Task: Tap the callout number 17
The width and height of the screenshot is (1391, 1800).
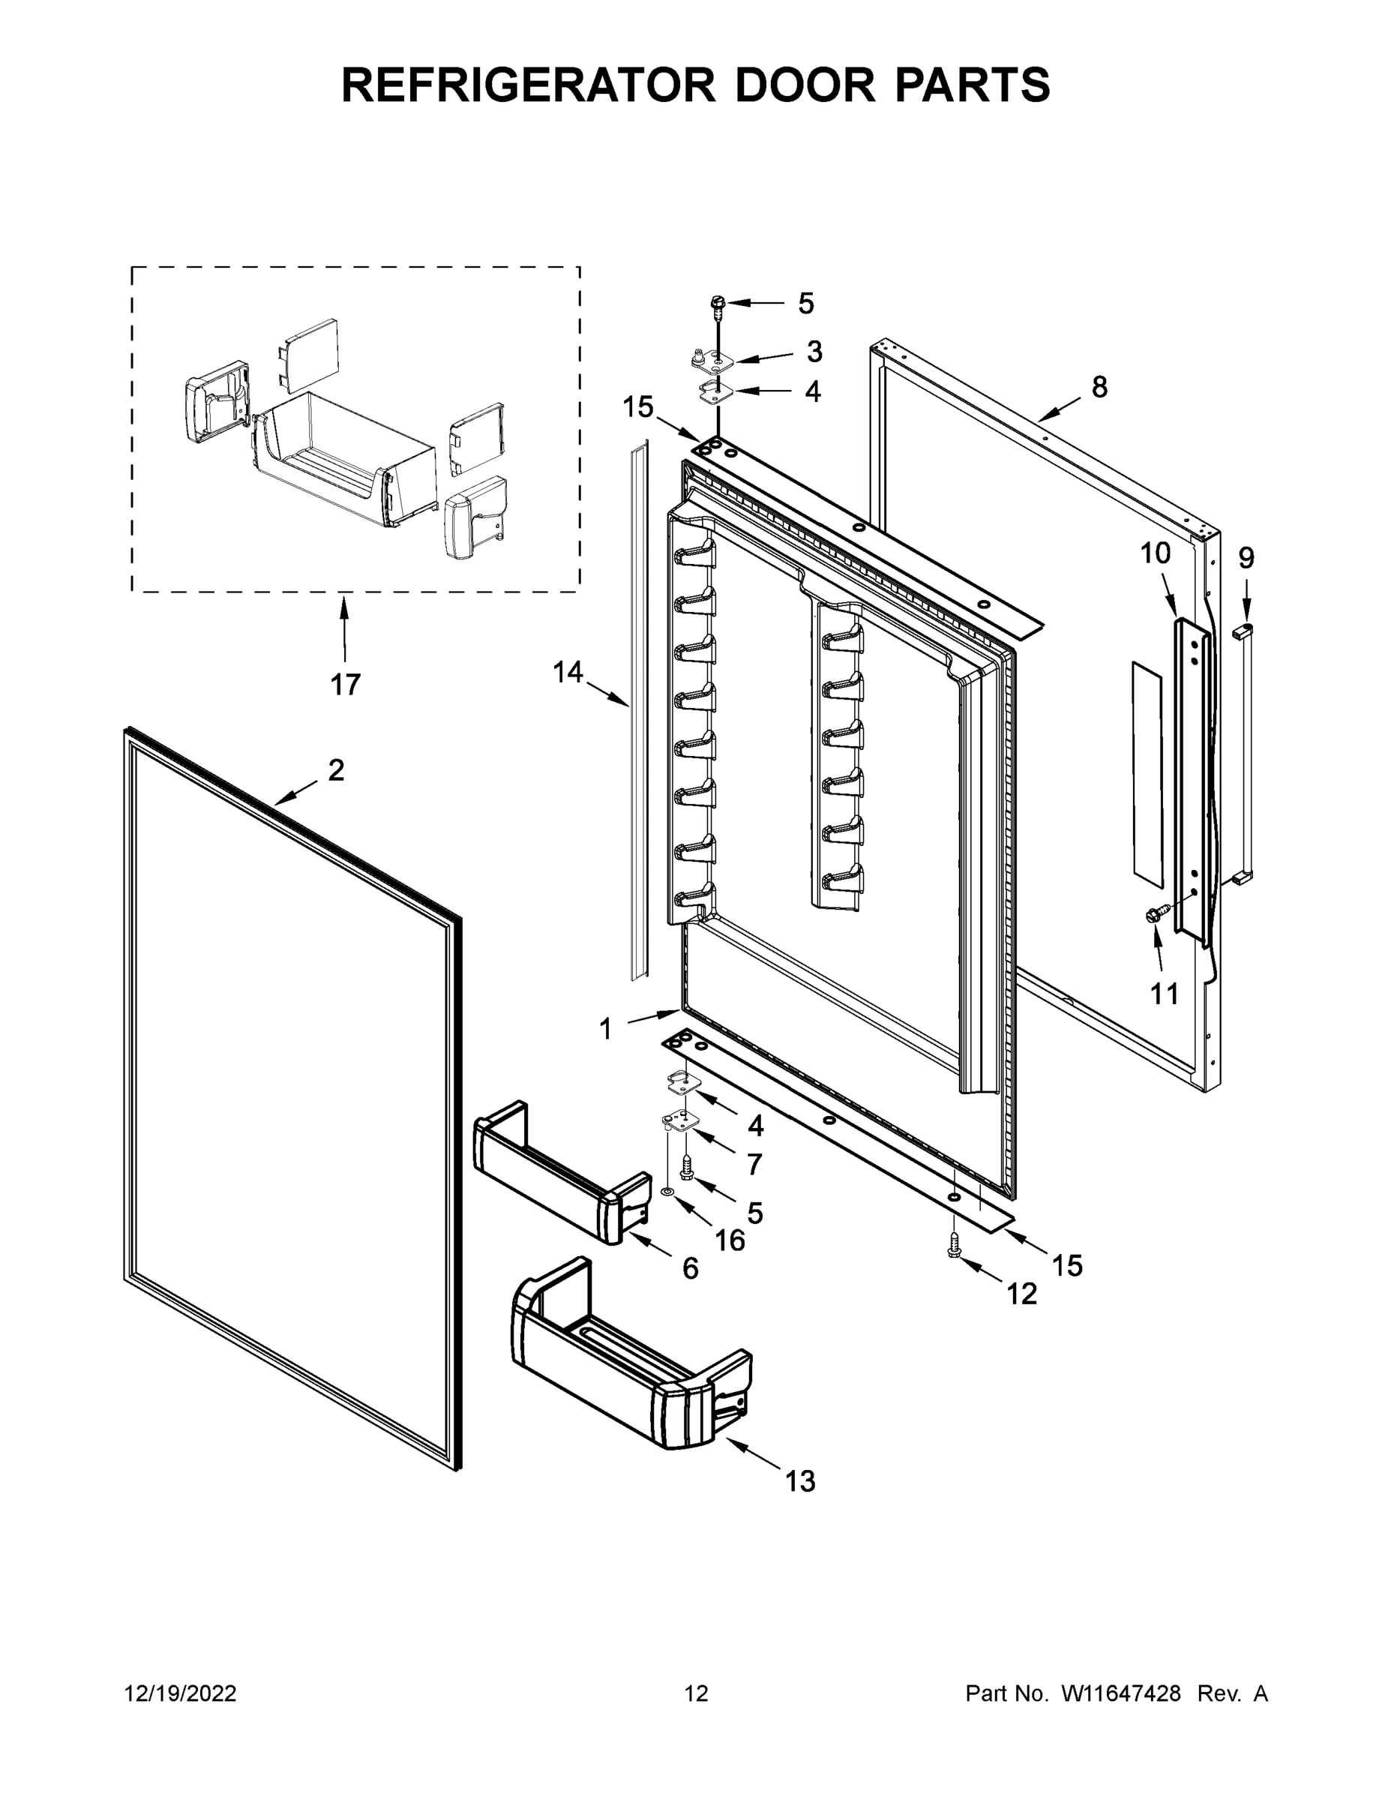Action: pos(345,684)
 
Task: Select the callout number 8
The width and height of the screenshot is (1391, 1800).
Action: pos(1099,386)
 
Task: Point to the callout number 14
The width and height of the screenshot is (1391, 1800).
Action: pos(568,673)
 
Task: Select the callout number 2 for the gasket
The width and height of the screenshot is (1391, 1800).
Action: pos(336,770)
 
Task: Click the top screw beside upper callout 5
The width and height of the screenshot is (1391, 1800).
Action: pos(716,306)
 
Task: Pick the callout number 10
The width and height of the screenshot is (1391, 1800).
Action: pos(1156,553)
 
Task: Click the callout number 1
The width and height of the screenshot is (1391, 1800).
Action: pos(606,1028)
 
